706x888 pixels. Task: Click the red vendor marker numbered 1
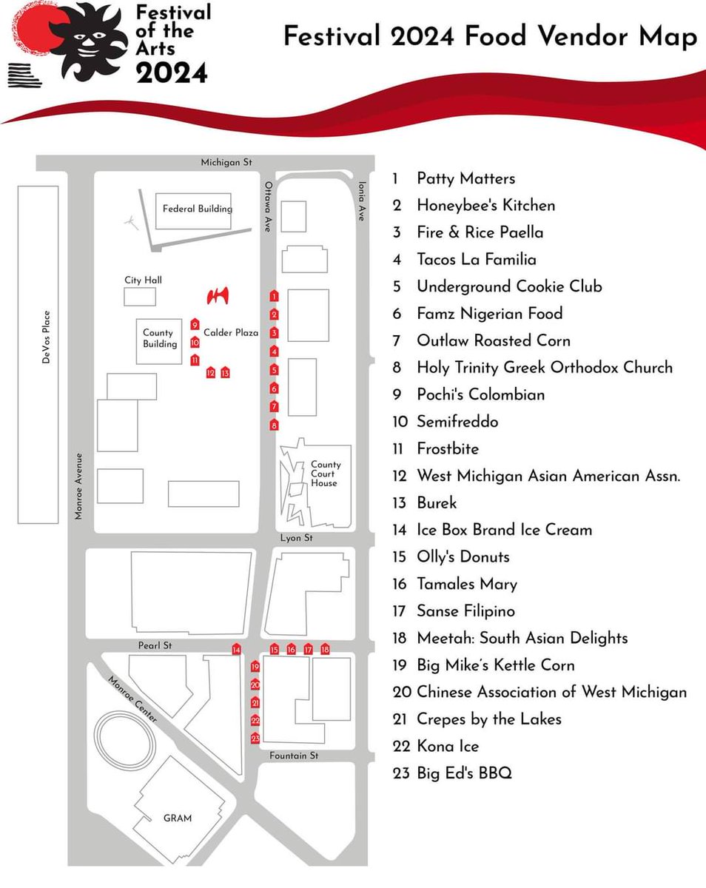pyautogui.click(x=275, y=296)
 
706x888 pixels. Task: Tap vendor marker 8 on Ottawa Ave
pyautogui.click(x=275, y=425)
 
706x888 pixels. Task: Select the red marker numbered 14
pyautogui.click(x=236, y=649)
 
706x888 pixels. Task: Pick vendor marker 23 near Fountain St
pyautogui.click(x=255, y=738)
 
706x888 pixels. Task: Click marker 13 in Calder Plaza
pyautogui.click(x=225, y=372)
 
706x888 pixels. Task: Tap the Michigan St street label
pyautogui.click(x=226, y=162)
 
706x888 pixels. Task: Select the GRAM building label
pyautogui.click(x=178, y=818)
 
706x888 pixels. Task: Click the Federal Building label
pyautogui.click(x=198, y=209)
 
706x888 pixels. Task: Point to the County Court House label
pyautogui.click(x=325, y=474)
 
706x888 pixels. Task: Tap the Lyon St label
pyautogui.click(x=297, y=538)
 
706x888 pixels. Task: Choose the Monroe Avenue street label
pyautogui.click(x=79, y=486)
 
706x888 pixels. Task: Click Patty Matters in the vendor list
pyautogui.click(x=465, y=178)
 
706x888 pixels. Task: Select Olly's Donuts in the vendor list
pyautogui.click(x=463, y=556)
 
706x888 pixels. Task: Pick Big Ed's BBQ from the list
pyautogui.click(x=464, y=773)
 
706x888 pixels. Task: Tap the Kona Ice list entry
pyautogui.click(x=448, y=746)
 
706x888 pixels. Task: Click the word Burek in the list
pyautogui.click(x=437, y=502)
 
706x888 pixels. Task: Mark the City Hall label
pyautogui.click(x=143, y=280)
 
